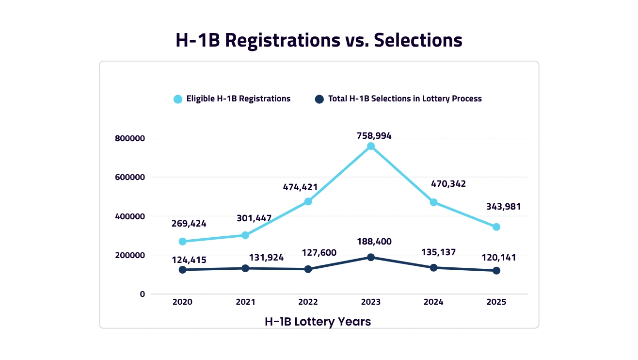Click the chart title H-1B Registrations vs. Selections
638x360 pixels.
pyautogui.click(x=319, y=40)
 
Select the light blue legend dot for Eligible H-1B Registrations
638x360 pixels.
pyautogui.click(x=178, y=99)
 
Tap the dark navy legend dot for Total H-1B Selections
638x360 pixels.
pyautogui.click(x=319, y=99)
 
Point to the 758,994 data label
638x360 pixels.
pyautogui.click(x=371, y=136)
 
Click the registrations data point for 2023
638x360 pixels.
pyautogui.click(x=371, y=146)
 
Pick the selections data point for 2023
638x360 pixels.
pyautogui.click(x=371, y=257)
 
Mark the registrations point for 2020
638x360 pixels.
pyautogui.click(x=182, y=241)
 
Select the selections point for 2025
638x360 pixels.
pyautogui.click(x=496, y=271)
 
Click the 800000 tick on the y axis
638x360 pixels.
pyautogui.click(x=130, y=138)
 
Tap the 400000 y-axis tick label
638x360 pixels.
pyautogui.click(x=130, y=216)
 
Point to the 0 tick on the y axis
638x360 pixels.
pyautogui.click(x=142, y=294)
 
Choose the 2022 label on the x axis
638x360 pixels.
pyautogui.click(x=308, y=302)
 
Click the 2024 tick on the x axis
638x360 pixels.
pyautogui.click(x=433, y=302)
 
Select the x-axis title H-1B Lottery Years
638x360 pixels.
pyautogui.click(x=318, y=321)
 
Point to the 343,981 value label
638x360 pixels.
pyautogui.click(x=503, y=207)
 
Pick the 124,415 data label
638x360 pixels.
pyautogui.click(x=189, y=260)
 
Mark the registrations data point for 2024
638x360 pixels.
pyautogui.click(x=433, y=202)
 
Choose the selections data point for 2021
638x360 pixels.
pyautogui.click(x=245, y=268)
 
